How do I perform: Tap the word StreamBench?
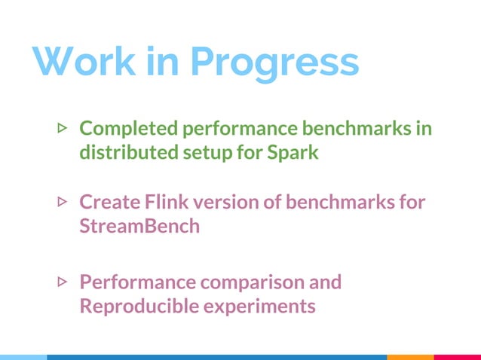(x=139, y=226)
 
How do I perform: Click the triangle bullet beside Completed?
(x=63, y=129)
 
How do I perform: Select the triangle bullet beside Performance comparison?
(x=63, y=282)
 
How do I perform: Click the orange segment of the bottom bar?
(x=410, y=357)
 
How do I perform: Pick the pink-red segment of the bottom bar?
(x=458, y=357)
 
